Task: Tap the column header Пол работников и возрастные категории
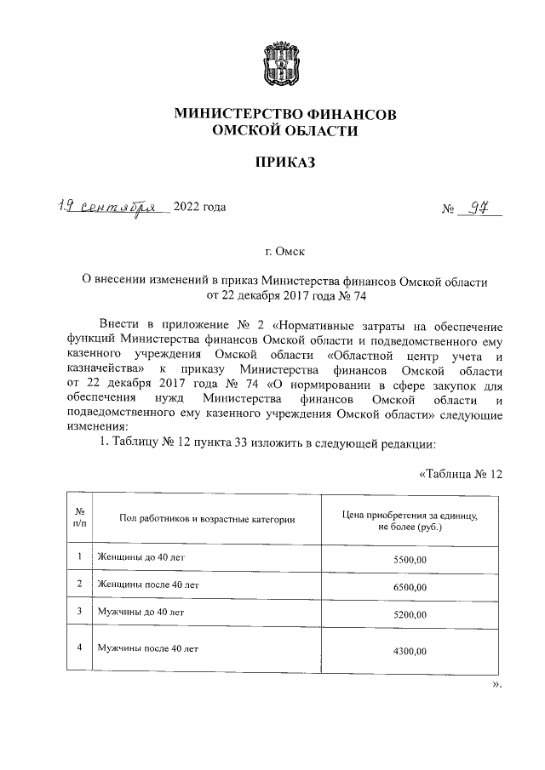[207, 519]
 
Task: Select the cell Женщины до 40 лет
[141, 557]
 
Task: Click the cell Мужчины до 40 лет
[141, 612]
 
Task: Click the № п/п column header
[78, 519]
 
